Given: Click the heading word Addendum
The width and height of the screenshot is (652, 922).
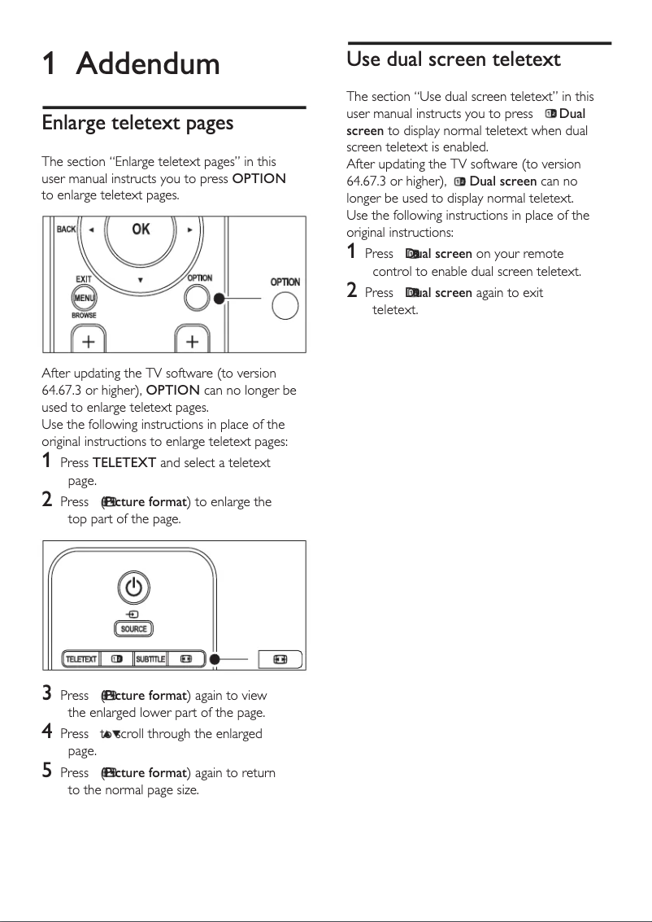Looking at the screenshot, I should point(148,64).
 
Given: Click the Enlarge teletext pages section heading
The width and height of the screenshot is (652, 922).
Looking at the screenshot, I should point(137,123).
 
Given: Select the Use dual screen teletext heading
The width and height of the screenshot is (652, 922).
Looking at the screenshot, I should point(454,59).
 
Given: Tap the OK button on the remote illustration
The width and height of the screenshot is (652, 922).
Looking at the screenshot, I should point(141,229).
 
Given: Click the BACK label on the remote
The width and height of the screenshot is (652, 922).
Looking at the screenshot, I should point(66,229).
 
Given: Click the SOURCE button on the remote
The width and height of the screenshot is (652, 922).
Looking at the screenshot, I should point(134,629).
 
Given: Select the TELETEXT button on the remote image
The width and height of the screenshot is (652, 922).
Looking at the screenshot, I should point(80,658).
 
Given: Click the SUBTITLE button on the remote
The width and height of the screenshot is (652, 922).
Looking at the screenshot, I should point(150,658).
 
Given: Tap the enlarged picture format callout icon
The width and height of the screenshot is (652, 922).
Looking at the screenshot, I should point(280,658).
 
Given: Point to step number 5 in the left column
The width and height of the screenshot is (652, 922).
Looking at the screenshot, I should point(47,771).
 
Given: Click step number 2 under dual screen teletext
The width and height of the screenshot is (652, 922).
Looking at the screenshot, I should point(352,291).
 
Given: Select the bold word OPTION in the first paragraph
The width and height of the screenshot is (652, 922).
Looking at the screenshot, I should point(259,179).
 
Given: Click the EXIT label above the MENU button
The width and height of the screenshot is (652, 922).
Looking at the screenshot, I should point(83,279).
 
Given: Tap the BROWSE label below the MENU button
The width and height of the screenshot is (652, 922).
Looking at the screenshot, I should point(84,316).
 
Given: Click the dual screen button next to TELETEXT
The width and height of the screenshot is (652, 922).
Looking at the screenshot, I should point(116,658).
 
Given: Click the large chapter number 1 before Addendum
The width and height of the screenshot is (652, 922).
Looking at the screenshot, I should point(50,64).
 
